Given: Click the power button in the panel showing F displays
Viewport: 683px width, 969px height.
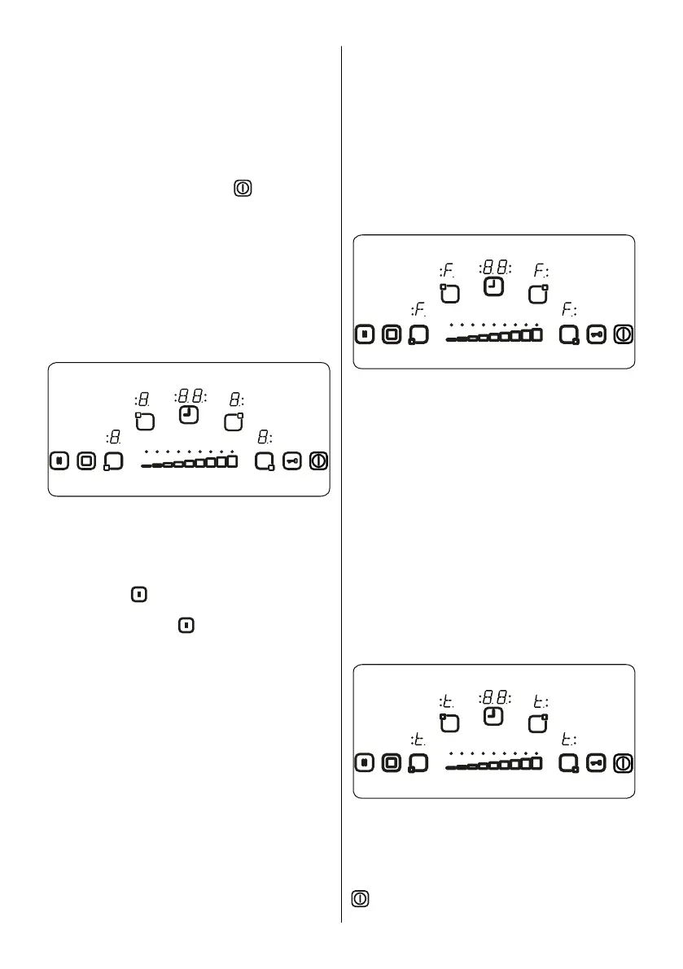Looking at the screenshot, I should point(624,334).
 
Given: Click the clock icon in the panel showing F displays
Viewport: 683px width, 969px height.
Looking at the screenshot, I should point(493,286).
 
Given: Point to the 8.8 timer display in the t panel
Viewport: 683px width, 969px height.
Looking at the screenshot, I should point(494,697).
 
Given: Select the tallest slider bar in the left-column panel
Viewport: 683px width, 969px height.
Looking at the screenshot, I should point(232,461).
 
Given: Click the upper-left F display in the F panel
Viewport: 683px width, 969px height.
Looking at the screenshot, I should point(446,269).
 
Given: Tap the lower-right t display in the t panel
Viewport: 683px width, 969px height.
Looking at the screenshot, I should point(569,740).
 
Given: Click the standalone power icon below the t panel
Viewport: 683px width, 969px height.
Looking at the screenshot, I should point(361,900).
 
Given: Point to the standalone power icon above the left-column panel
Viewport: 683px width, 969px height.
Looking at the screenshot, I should point(243,189).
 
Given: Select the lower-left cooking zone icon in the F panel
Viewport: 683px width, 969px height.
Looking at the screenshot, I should point(418,334).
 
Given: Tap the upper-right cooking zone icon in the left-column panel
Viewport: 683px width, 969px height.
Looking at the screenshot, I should point(234,421).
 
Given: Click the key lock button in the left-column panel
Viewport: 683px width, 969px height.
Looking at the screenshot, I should point(292,461).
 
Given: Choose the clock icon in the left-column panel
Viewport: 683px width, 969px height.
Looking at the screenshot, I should point(189,415).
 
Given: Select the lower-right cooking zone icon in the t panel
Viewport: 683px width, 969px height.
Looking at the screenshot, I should point(569,763).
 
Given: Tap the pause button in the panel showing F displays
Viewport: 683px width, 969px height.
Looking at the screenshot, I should point(364,334).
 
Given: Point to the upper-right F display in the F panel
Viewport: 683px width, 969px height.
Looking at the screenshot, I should point(541,269).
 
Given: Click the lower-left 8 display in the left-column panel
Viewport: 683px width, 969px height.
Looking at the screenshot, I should point(114,438).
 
